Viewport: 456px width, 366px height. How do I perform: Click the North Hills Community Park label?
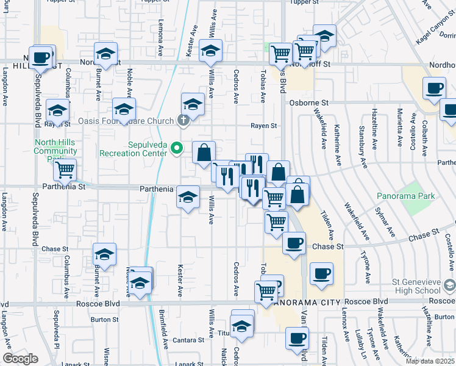[x=55, y=150]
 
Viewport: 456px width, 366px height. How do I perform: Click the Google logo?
[x=20, y=359]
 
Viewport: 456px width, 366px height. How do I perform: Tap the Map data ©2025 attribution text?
[x=430, y=361]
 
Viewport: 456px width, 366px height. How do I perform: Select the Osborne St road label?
[x=308, y=103]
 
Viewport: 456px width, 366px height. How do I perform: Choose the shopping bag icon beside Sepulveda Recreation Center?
[x=204, y=152]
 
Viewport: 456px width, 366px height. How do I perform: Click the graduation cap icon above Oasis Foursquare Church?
[x=193, y=104]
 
